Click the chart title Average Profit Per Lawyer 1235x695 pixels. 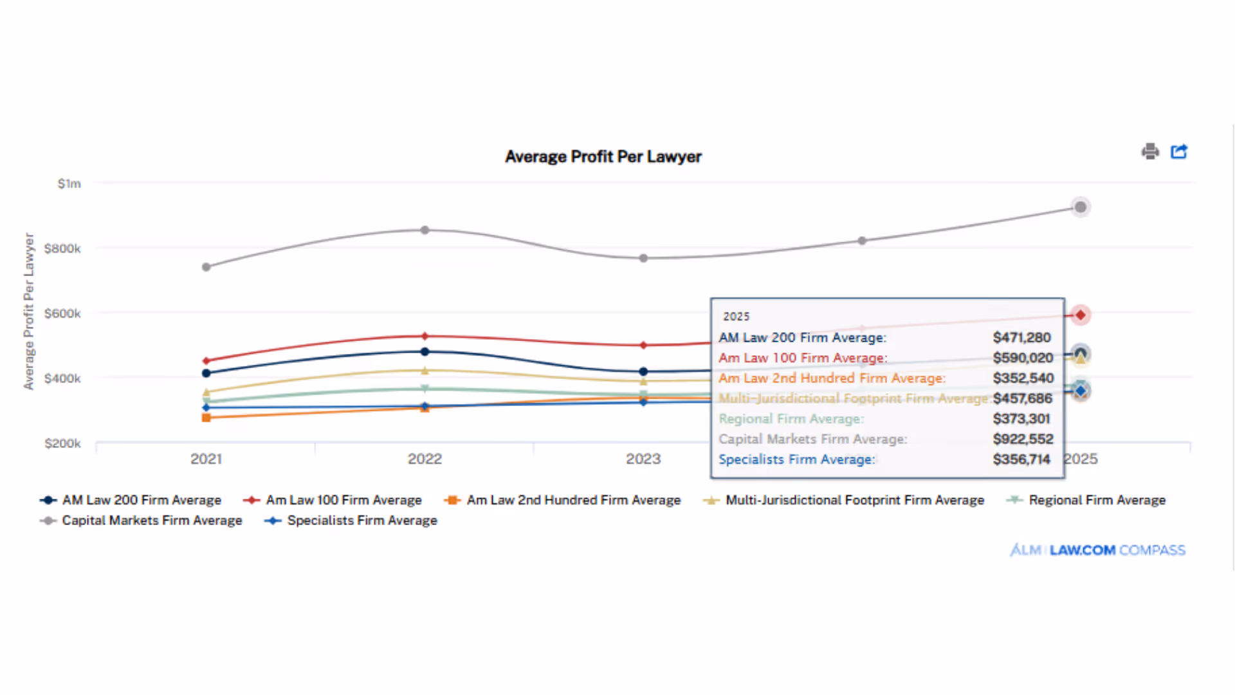tap(603, 156)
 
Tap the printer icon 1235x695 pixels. tap(1150, 152)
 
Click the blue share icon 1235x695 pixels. tap(1179, 152)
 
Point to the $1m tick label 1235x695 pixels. tap(69, 184)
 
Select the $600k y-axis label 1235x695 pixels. tap(62, 313)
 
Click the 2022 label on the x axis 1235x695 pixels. tap(425, 459)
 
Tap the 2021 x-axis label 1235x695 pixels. tap(206, 459)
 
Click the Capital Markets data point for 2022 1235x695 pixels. tap(425, 230)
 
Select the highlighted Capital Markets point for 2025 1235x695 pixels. tap(1081, 207)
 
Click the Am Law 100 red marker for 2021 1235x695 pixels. tap(206, 361)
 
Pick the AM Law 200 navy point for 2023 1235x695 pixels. tap(643, 371)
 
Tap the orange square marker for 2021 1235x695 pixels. tap(206, 418)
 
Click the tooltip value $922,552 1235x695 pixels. tap(1023, 439)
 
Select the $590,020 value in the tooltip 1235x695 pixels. tap(1023, 358)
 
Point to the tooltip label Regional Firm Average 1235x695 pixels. tap(791, 419)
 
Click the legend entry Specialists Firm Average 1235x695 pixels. tap(361, 521)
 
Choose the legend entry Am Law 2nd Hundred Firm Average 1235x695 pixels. tap(572, 500)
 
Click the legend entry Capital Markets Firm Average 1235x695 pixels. tap(152, 521)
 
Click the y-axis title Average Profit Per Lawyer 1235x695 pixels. tap(28, 311)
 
